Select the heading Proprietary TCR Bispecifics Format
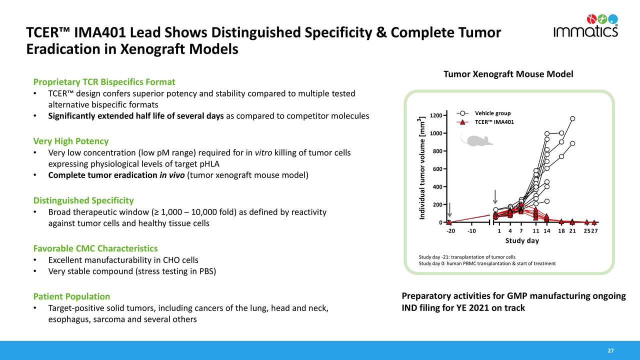point(104,81)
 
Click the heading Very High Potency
point(70,141)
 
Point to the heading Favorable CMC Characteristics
point(95,248)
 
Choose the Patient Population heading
point(71,296)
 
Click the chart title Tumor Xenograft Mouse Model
point(508,74)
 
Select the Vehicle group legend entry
point(492,113)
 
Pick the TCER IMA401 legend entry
point(494,122)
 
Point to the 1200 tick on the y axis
point(435,115)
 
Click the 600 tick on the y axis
point(437,169)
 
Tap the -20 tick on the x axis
point(450,231)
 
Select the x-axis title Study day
point(522,241)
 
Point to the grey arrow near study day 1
point(495,197)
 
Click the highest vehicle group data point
point(572,118)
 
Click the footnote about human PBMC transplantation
point(487,263)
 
